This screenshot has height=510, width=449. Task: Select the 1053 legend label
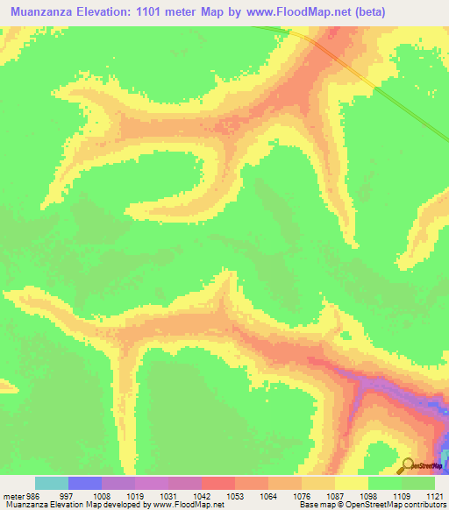[235, 496]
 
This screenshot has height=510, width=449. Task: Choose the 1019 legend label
[135, 496]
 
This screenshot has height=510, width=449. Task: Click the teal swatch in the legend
[52, 483]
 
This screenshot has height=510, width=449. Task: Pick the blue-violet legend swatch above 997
[85, 483]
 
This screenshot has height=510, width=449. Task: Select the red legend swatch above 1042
[218, 483]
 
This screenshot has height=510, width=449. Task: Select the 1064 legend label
[268, 496]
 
